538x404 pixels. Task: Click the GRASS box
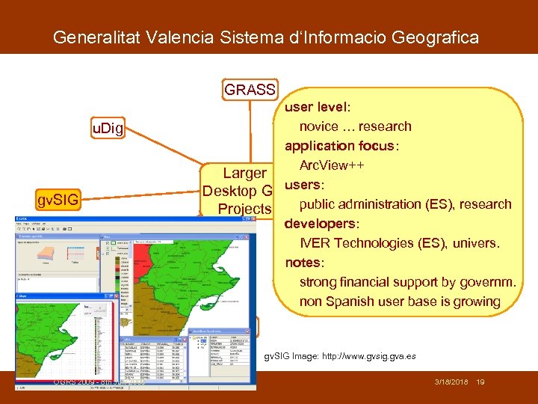(250, 90)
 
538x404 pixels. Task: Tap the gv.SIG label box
(58, 199)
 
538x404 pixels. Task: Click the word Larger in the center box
(237, 174)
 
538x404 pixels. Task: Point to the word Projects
(244, 207)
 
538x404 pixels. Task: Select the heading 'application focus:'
(341, 146)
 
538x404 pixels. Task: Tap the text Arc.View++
(332, 165)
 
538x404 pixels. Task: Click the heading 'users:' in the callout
(303, 185)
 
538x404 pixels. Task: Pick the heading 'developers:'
(321, 224)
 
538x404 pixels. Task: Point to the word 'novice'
(320, 126)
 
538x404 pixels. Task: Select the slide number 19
(480, 382)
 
